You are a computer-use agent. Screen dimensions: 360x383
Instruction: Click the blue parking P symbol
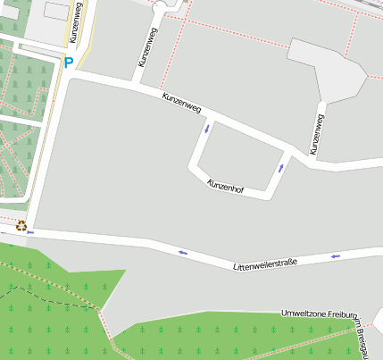click(69, 63)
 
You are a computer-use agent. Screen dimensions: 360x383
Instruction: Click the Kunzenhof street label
click(225, 187)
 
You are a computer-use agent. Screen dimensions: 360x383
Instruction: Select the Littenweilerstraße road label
click(264, 264)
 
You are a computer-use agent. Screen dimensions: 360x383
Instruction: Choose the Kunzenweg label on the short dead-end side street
click(147, 47)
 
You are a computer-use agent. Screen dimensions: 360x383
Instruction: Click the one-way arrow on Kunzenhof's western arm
click(207, 128)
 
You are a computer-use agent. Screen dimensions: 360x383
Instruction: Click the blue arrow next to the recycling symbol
click(31, 232)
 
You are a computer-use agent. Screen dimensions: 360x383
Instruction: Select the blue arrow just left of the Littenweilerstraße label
click(183, 253)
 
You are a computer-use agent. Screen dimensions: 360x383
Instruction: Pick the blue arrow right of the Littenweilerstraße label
click(336, 256)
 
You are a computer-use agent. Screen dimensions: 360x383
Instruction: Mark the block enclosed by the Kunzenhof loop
click(237, 154)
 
